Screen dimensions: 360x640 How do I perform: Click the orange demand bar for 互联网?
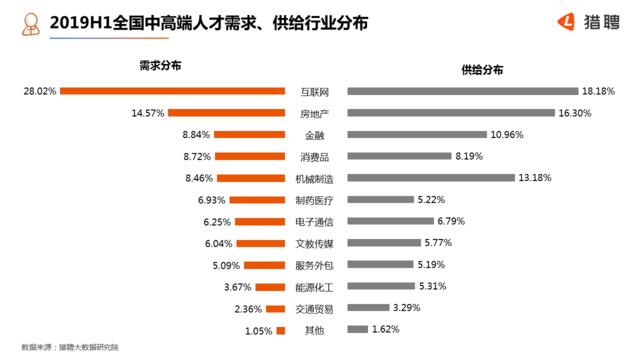tap(173, 91)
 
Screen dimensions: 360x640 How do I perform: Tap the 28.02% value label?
tap(38, 91)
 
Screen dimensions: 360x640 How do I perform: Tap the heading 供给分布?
tap(482, 68)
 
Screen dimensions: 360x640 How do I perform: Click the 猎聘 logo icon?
tap(566, 19)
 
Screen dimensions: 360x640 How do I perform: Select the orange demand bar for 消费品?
tap(251, 156)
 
